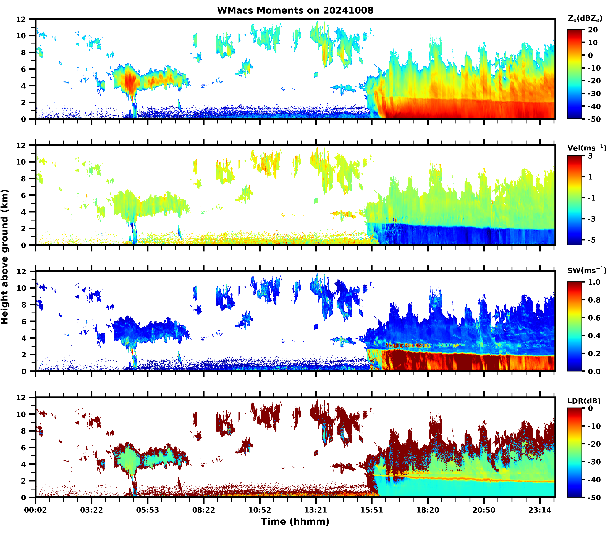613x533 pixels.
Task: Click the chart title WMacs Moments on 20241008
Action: [x=295, y=10]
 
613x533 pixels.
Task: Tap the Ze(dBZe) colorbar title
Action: [x=585, y=18]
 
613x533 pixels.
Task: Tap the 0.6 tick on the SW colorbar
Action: [x=594, y=318]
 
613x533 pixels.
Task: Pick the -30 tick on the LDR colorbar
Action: [x=594, y=462]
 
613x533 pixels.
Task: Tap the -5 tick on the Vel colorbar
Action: [x=591, y=240]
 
